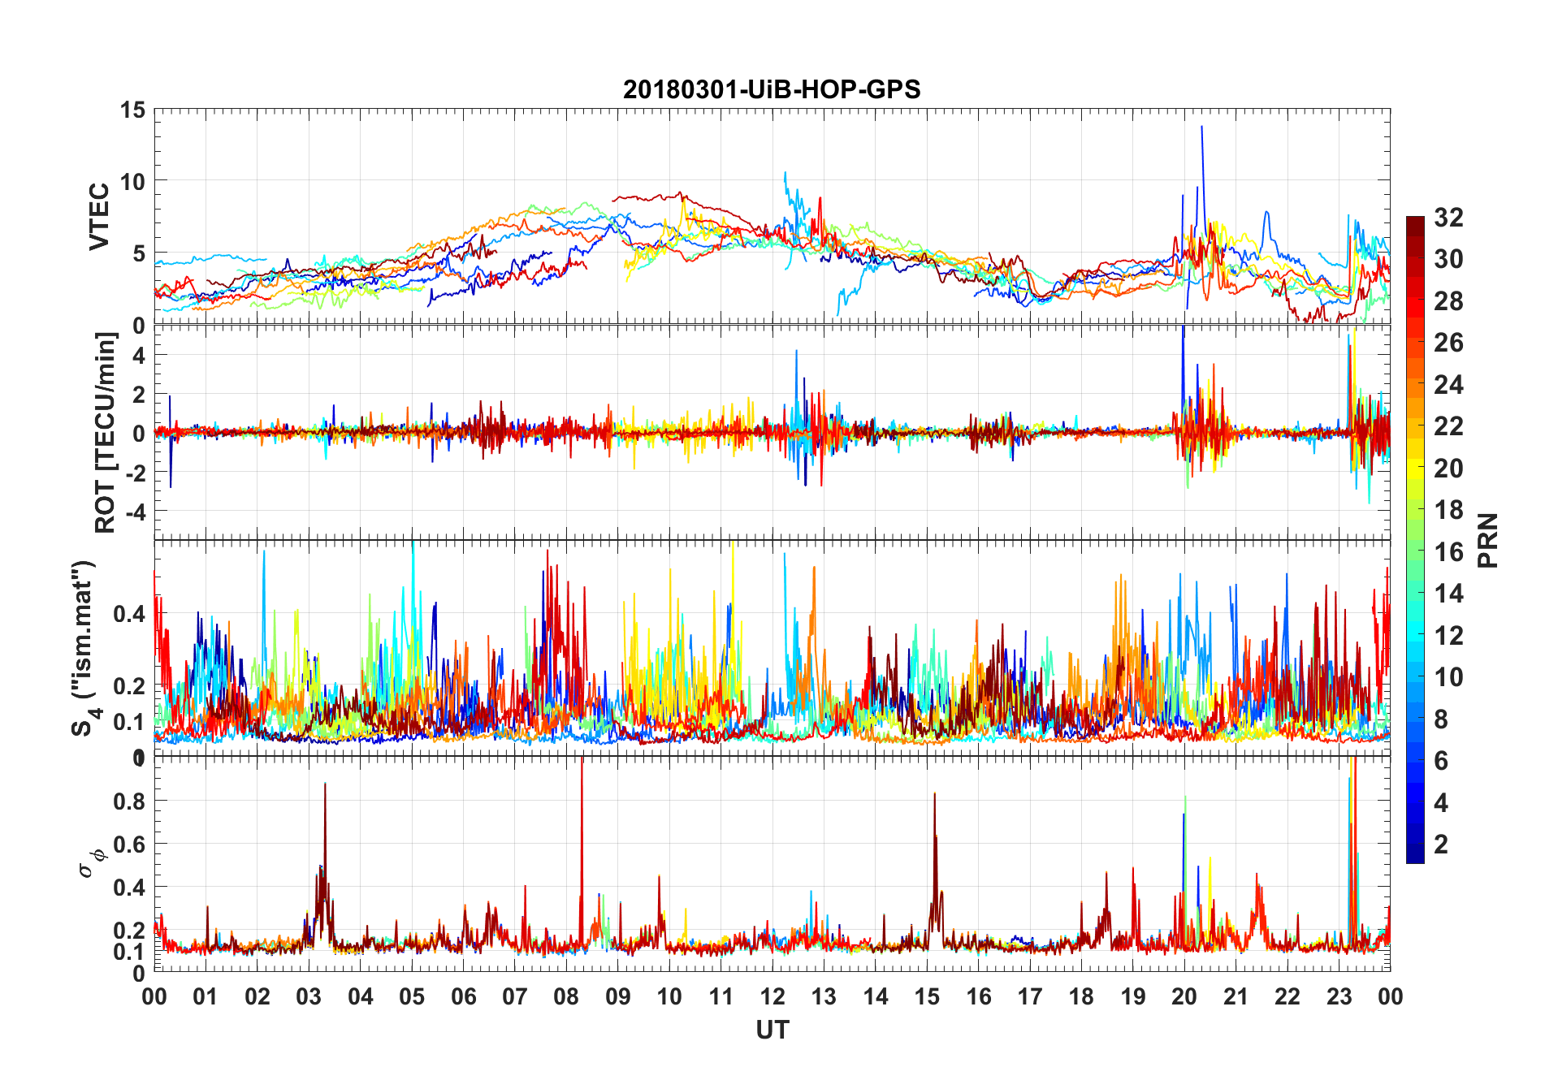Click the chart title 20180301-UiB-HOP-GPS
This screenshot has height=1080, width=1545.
pos(772,89)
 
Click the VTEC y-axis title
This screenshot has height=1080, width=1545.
pos(99,217)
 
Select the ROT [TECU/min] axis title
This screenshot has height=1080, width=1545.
pos(106,432)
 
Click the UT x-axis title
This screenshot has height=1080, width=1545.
pos(772,1030)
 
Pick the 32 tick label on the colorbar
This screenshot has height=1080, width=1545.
pos(1448,218)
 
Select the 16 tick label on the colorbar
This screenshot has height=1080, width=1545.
pos(1448,552)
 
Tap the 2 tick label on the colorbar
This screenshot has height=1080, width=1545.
pos(1441,845)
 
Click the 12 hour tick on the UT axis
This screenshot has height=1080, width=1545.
pos(772,997)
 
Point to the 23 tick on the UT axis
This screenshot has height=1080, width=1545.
pos(1339,997)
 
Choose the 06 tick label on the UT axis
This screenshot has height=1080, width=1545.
pos(464,997)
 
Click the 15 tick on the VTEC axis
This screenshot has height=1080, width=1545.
pos(132,110)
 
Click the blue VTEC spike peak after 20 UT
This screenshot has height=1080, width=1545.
pos(1201,127)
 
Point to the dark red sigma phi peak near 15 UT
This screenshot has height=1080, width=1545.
pos(934,795)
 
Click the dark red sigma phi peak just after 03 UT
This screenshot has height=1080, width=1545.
pos(325,784)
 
